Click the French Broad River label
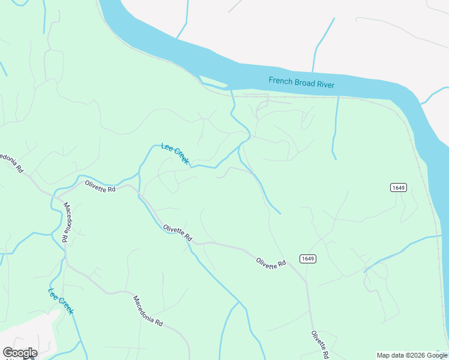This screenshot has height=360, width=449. (301, 83)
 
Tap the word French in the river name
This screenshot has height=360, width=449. (280, 81)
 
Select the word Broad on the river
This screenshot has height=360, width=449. (304, 83)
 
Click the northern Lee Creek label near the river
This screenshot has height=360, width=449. (175, 154)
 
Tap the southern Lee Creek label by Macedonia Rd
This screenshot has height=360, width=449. (61, 301)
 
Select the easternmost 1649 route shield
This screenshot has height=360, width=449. (398, 188)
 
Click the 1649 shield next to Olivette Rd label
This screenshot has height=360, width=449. (305, 259)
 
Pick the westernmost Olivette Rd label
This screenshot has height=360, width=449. (100, 186)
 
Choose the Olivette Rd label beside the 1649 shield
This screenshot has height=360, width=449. (271, 262)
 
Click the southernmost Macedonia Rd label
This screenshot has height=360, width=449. (148, 311)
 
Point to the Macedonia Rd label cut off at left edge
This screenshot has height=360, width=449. (11, 162)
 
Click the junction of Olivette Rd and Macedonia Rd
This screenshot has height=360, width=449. (58, 197)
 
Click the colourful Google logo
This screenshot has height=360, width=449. (20, 353)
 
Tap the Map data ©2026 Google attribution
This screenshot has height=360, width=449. (412, 355)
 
